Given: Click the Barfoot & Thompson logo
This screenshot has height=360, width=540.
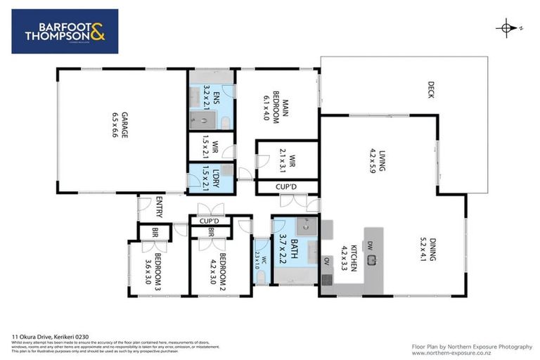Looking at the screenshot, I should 65,32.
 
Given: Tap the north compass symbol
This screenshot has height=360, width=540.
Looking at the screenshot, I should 506,28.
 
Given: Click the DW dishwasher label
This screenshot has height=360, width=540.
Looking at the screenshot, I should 370,245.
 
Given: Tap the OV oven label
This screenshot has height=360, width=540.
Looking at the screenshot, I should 326,261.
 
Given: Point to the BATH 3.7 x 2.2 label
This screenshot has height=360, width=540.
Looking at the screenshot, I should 292,250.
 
